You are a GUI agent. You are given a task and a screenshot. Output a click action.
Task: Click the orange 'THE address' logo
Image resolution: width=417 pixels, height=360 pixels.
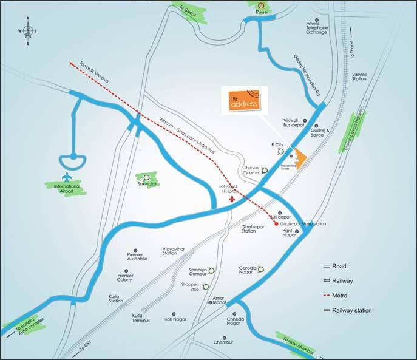click(243, 99)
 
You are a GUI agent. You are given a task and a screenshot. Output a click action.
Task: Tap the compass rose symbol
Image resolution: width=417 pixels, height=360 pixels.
click(27, 32)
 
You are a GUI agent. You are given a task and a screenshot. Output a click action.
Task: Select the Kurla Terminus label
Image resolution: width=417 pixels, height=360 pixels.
click(143, 318)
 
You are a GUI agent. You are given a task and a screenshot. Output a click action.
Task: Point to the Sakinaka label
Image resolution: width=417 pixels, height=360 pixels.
click(148, 182)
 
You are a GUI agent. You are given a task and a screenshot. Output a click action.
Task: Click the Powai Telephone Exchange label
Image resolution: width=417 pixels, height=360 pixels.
click(317, 29)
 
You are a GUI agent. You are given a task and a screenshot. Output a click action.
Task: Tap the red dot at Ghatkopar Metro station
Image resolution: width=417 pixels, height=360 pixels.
click(276, 223)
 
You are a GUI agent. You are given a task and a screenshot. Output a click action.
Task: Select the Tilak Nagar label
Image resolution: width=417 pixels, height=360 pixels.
click(173, 319)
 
